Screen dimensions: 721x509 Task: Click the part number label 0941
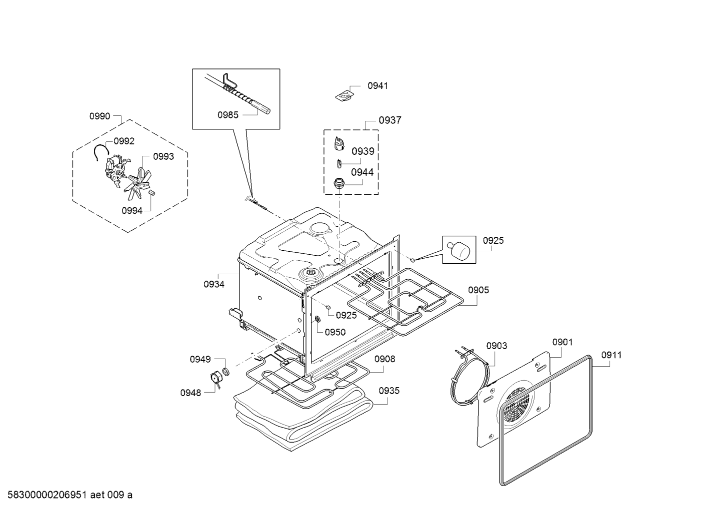pos(377,86)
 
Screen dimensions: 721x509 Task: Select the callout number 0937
pos(390,120)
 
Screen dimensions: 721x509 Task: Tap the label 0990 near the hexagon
pos(100,116)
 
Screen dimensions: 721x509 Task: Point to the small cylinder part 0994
pos(151,192)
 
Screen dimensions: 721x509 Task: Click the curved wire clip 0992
pos(101,152)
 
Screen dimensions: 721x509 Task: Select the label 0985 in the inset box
pos(228,115)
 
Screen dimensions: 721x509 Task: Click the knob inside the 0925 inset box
pos(458,250)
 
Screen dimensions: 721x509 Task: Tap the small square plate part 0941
pos(344,96)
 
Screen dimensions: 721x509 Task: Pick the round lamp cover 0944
pos(339,184)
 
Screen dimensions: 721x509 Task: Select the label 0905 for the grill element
pos(478,290)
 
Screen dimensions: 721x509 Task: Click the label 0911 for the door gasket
pos(611,355)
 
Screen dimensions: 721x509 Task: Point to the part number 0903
pos(496,346)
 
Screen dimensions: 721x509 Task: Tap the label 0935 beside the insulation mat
pos(389,391)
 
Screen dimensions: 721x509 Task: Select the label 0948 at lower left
pos(190,393)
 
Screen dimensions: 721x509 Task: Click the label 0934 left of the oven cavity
pos(214,284)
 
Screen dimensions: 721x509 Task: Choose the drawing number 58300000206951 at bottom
pos(47,495)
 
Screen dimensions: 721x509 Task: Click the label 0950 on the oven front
pos(335,332)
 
